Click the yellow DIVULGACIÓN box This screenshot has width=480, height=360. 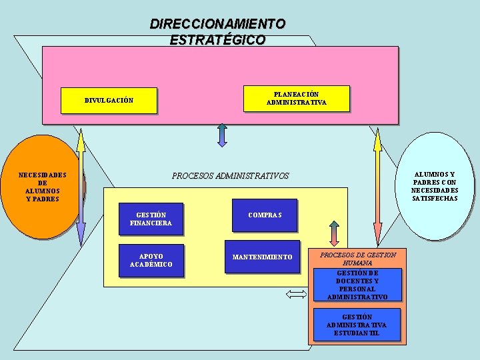(x=109, y=101)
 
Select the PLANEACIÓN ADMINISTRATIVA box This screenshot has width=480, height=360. (x=296, y=99)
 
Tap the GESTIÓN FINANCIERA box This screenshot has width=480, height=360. (x=151, y=219)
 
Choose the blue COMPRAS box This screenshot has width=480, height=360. (x=265, y=215)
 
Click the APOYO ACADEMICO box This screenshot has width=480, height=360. (x=151, y=261)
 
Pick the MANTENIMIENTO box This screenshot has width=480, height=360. (x=262, y=257)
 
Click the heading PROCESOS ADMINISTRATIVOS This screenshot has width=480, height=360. (x=231, y=176)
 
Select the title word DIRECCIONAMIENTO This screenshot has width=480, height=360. (x=217, y=24)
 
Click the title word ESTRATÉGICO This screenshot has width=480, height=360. (x=217, y=40)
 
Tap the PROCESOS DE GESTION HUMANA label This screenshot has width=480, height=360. (x=358, y=259)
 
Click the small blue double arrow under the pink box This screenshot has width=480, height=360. (x=222, y=134)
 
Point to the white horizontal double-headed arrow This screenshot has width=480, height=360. (x=295, y=294)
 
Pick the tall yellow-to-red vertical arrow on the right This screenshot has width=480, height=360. (x=377, y=187)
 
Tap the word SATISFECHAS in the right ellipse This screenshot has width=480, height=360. (x=435, y=199)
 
